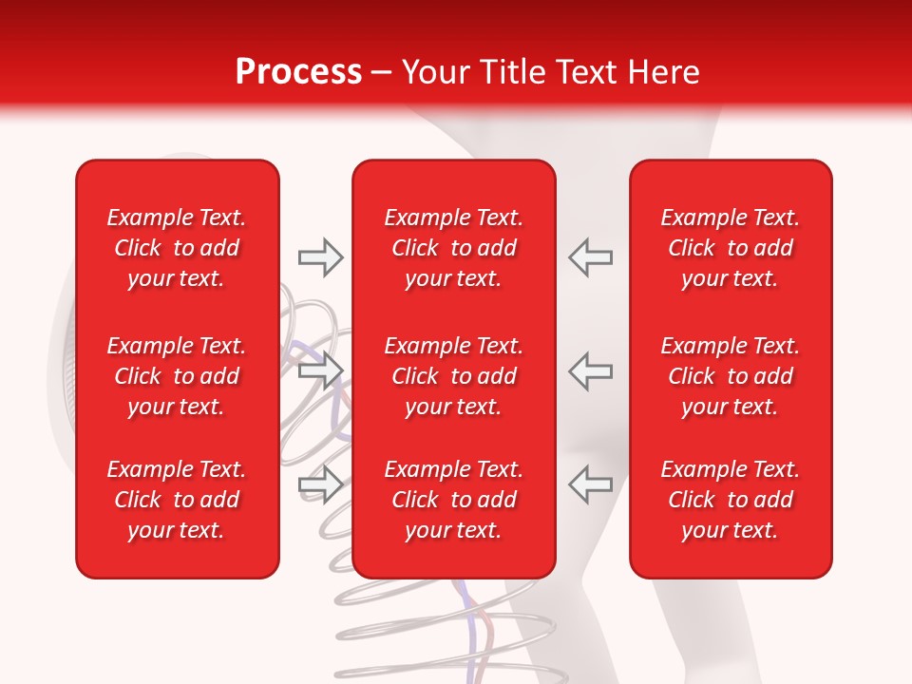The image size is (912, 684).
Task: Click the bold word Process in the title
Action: point(298,72)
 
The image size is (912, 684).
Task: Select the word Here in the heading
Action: point(664,72)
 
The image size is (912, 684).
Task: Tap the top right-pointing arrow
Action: point(320,257)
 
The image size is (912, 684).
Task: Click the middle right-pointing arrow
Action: point(320,370)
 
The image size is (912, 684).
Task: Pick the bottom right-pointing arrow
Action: point(320,484)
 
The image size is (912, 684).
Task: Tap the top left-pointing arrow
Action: point(590,257)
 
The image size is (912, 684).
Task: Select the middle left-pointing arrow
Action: point(590,370)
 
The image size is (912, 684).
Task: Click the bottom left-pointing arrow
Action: point(590,484)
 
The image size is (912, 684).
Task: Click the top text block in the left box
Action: point(177,248)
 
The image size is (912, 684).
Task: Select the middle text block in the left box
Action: point(177,376)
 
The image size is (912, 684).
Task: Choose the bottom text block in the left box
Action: point(177,500)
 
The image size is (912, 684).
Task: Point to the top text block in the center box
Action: point(454,248)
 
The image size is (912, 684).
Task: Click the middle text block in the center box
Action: point(454,376)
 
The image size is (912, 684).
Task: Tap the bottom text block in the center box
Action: point(454,500)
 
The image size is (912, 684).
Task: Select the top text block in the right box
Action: point(731,248)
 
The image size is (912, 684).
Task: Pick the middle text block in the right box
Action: point(731,376)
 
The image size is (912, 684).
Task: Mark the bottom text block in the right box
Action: point(731,500)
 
